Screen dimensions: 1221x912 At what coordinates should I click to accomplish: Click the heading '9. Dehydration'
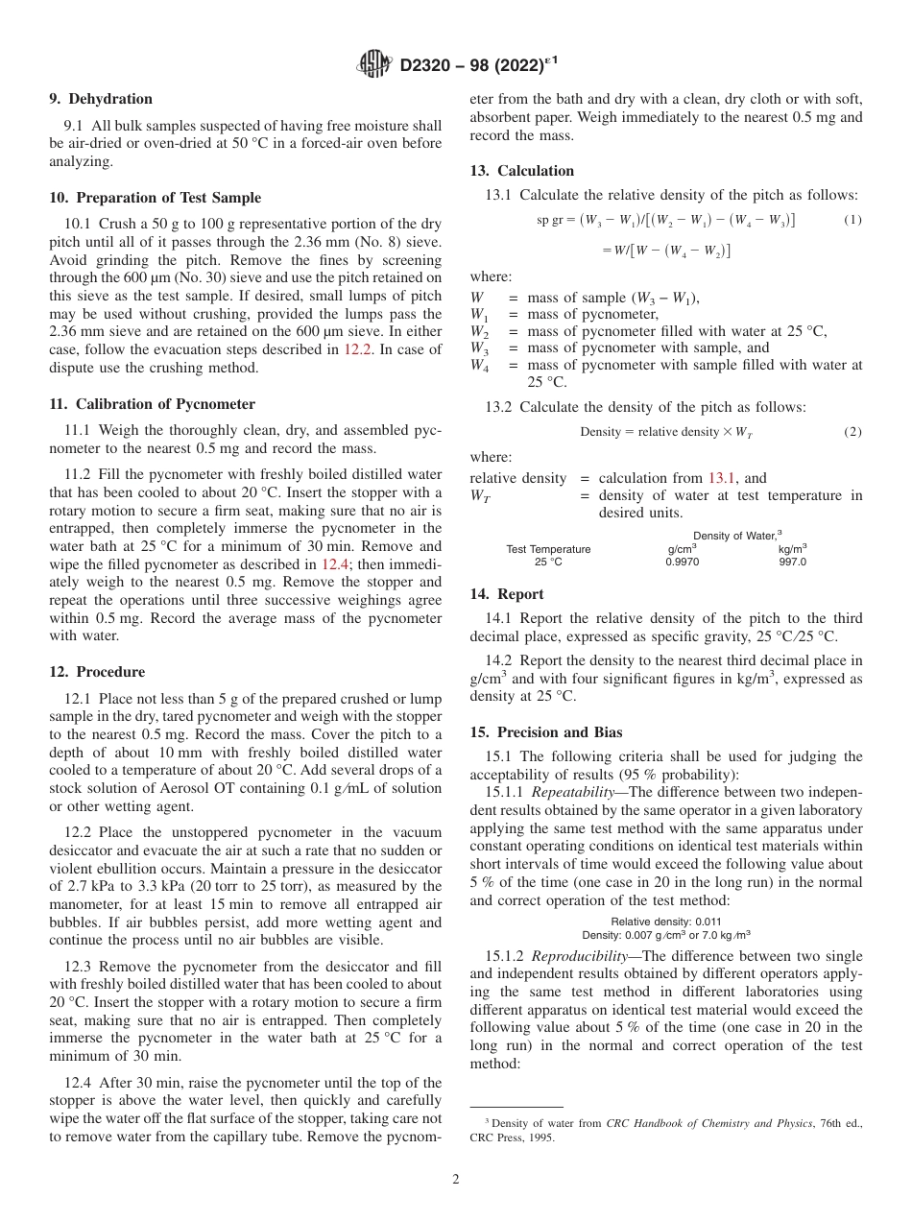pyautogui.click(x=100, y=99)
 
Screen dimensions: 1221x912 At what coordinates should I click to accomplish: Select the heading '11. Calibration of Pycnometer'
pyautogui.click(x=152, y=404)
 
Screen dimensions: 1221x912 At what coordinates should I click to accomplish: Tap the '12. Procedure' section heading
pyautogui.click(x=97, y=672)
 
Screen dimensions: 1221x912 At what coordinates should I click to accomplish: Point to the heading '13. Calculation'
pyautogui.click(x=521, y=171)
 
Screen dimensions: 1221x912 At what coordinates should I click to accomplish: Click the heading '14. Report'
pyautogui.click(x=506, y=594)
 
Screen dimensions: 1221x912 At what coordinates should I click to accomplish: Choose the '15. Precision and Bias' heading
pyautogui.click(x=545, y=732)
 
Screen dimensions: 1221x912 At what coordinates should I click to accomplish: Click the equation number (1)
pyautogui.click(x=852, y=220)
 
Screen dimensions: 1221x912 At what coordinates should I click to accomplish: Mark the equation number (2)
pyautogui.click(x=852, y=432)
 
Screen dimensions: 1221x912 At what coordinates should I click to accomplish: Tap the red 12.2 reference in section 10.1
pyautogui.click(x=355, y=349)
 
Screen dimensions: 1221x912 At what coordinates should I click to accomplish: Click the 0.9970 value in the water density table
pyautogui.click(x=682, y=562)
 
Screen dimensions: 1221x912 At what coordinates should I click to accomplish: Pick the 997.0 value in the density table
pyautogui.click(x=792, y=562)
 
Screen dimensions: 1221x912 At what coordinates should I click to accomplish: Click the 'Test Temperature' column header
pyautogui.click(x=548, y=549)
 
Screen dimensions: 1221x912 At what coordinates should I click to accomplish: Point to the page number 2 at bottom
pyautogui.click(x=455, y=1180)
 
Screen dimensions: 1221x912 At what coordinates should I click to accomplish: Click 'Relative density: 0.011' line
pyautogui.click(x=666, y=922)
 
